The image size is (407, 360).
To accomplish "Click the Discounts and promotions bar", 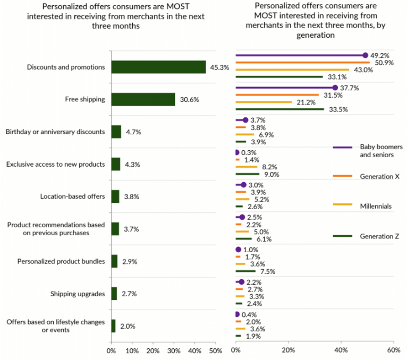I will click(x=158, y=67).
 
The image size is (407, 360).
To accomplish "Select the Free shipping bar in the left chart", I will click(x=143, y=99).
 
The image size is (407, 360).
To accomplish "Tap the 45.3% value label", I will click(x=220, y=67).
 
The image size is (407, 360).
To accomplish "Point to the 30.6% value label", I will click(x=189, y=99).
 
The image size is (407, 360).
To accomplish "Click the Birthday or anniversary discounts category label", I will click(x=55, y=132).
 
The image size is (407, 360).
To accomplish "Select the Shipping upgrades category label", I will click(x=78, y=294).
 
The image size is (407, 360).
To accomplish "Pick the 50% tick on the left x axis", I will click(x=215, y=350).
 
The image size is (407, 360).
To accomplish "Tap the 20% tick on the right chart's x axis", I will click(x=288, y=350).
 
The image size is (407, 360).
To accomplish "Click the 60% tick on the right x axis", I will click(x=394, y=350).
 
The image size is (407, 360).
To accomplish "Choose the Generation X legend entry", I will click(x=379, y=176).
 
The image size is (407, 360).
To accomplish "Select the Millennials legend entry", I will click(x=376, y=206).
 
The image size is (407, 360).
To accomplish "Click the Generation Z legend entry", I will click(x=379, y=236).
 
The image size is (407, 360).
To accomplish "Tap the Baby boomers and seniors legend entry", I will click(x=380, y=151).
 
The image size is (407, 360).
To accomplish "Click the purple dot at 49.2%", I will click(x=365, y=55).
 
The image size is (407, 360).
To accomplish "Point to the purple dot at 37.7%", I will click(x=335, y=88).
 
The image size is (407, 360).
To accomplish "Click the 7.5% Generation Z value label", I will click(x=267, y=271).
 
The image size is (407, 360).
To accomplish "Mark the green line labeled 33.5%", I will click(x=279, y=110).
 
